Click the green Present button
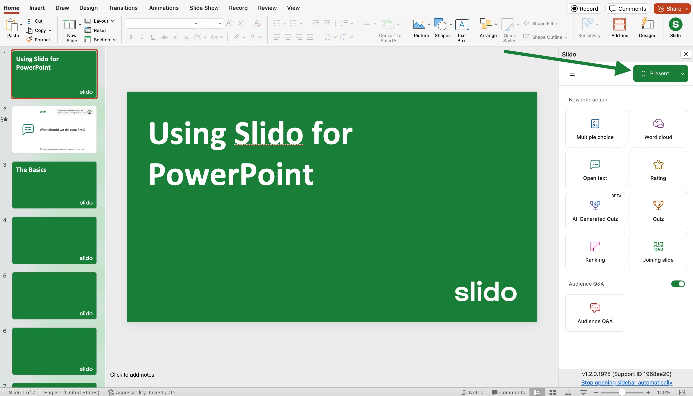pos(654,74)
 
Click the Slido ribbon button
pos(675,27)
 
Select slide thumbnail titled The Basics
pos(54,185)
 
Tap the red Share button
pos(672,9)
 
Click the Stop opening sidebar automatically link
pos(627,382)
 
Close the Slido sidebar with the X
pos(686,54)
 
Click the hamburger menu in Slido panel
pos(572,74)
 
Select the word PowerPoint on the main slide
pos(231,174)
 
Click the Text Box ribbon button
pos(461,30)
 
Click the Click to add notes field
pos(132,374)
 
